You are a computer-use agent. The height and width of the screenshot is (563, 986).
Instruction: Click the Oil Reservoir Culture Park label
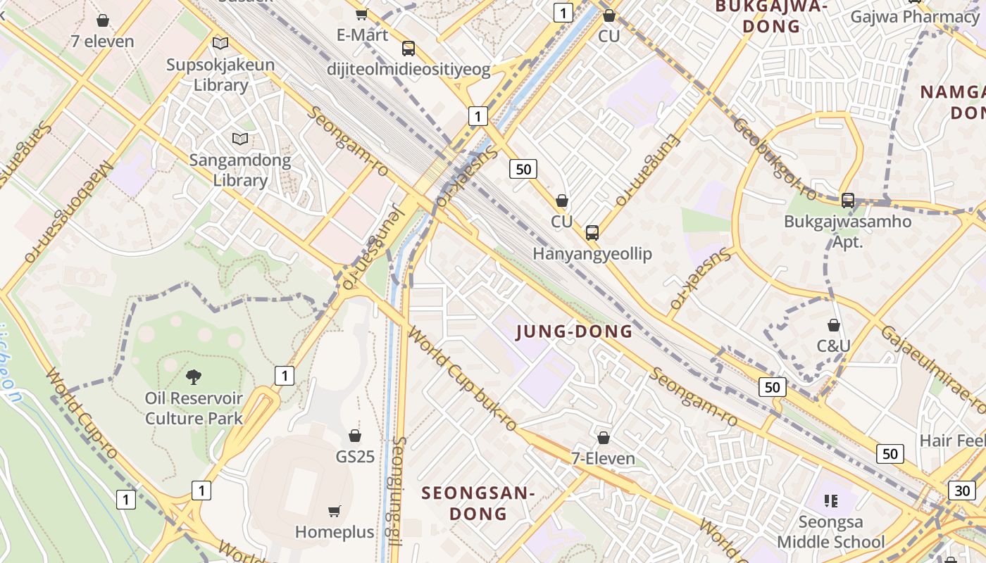coord(194,408)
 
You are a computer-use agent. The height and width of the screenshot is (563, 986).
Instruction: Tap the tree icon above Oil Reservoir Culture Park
coord(194,377)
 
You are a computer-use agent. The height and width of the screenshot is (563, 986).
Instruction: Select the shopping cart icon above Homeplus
coord(335,511)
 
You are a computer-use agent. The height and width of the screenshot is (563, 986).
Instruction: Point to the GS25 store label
coord(355,457)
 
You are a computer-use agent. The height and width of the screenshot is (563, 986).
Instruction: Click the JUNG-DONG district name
coord(574,331)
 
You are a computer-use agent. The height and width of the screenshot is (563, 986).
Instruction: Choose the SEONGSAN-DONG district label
coord(478,502)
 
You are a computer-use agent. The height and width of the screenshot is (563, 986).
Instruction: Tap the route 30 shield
coord(962,491)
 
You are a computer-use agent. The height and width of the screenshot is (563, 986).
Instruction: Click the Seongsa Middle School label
coord(831,533)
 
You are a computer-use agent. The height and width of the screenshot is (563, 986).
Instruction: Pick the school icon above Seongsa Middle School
coord(831,501)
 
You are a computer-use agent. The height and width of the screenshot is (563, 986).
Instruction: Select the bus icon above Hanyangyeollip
coord(592,233)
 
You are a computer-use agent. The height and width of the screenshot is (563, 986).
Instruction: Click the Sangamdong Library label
coord(240,170)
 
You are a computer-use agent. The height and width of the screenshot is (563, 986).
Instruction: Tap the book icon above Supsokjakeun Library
coord(220,44)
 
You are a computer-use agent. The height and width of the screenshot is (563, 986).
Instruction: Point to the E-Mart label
coord(362,34)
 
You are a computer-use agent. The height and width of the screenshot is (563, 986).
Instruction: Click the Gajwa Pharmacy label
coord(914,16)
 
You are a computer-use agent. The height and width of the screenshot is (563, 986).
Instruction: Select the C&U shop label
coord(833,346)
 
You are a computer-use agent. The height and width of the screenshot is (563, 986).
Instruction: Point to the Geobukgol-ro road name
coord(774,159)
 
